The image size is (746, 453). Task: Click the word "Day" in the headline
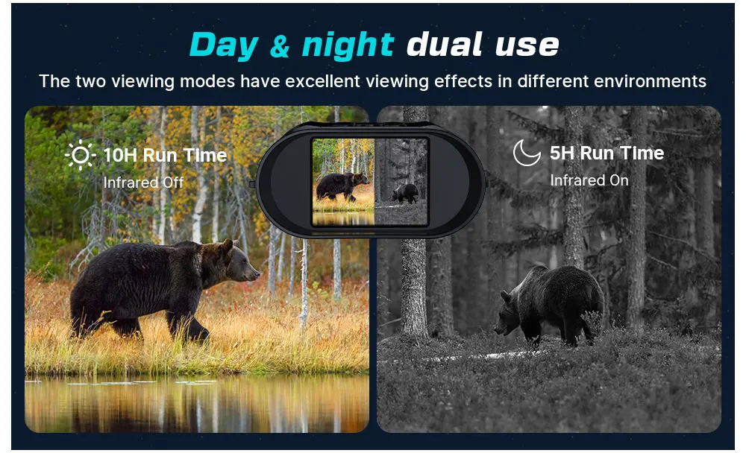[224, 45]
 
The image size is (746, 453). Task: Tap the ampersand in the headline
[280, 47]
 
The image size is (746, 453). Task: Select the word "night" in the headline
[348, 46]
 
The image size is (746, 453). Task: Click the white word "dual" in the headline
[445, 45]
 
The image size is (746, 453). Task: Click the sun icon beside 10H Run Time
[81, 155]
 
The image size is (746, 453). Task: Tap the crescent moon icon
[526, 153]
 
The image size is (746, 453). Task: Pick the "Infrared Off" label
[143, 183]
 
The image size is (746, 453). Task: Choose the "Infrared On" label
[589, 180]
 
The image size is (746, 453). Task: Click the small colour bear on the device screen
[342, 186]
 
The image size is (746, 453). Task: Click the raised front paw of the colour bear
[199, 336]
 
